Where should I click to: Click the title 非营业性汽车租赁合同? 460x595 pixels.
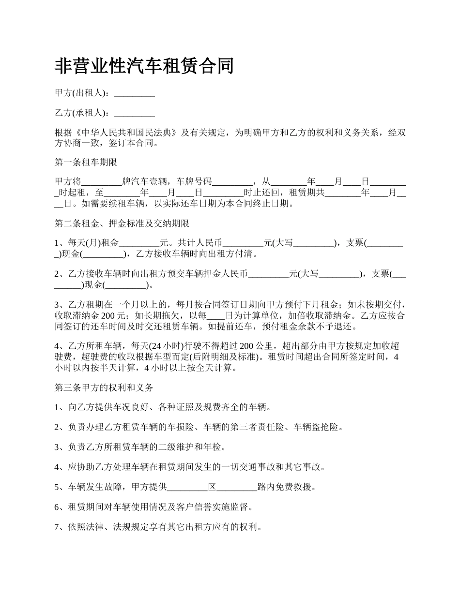pos(144,66)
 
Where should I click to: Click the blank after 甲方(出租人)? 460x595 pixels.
pos(134,93)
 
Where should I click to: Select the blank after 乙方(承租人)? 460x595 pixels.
pos(134,113)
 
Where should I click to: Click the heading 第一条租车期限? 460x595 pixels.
pos(86,163)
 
